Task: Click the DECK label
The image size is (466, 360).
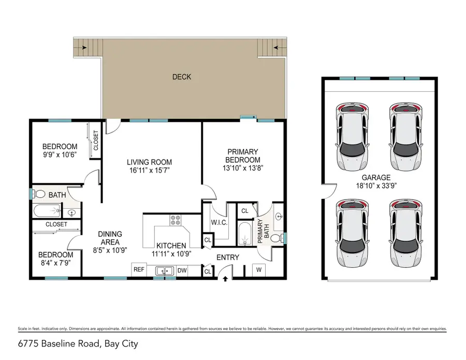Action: click(x=181, y=77)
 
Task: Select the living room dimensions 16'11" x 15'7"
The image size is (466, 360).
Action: click(x=151, y=170)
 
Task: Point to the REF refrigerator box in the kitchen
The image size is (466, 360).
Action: click(x=139, y=270)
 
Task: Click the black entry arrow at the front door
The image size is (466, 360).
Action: click(x=225, y=280)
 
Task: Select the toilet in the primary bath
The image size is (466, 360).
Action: click(x=277, y=238)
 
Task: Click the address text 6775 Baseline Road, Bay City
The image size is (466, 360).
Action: click(x=78, y=343)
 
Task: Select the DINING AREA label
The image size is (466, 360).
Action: click(x=110, y=238)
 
